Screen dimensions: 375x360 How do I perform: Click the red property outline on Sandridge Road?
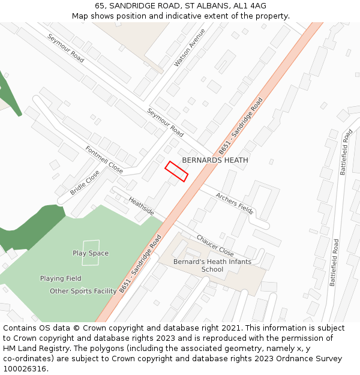(x=177, y=171)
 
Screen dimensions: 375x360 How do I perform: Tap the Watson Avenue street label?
(x=190, y=47)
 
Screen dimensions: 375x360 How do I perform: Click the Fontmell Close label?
(x=104, y=158)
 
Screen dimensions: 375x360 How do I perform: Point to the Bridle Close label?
(x=85, y=182)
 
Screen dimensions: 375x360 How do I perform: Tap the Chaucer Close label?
(x=215, y=245)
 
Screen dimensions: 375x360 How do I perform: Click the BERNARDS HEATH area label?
(x=215, y=160)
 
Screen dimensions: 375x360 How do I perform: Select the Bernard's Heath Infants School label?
(x=212, y=265)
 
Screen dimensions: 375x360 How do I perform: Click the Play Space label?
(x=91, y=253)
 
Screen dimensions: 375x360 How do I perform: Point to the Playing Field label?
(x=61, y=278)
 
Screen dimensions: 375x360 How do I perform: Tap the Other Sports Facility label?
(x=83, y=291)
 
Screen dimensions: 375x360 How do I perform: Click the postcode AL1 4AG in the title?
(x=250, y=6)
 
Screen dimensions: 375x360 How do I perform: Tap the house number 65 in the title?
(x=100, y=6)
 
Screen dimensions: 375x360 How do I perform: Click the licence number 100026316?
(x=25, y=369)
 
